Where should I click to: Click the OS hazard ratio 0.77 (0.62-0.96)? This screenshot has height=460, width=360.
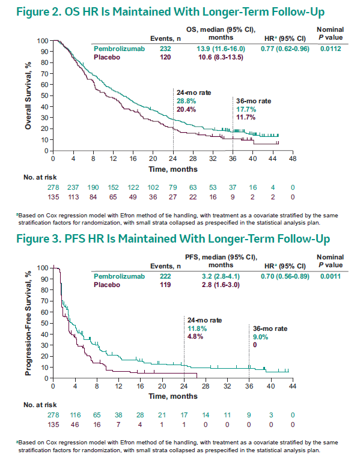[285, 49]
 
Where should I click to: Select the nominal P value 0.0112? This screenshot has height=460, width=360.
[331, 49]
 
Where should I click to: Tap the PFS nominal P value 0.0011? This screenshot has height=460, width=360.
[331, 276]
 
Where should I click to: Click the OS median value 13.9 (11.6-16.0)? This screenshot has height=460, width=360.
[221, 49]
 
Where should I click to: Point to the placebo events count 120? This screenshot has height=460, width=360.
[165, 57]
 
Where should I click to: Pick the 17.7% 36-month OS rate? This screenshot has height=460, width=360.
[246, 109]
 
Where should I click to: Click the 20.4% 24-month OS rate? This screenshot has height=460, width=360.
[186, 109]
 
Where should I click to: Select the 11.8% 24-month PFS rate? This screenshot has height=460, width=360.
[197, 328]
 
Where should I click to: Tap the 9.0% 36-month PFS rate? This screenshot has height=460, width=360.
[260, 337]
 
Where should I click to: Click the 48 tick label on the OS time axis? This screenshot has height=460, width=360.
[293, 159]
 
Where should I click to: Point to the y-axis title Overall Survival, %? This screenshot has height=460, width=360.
[28, 95]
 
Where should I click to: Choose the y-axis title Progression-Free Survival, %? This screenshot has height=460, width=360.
[28, 323]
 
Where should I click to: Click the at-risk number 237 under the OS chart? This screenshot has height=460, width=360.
[73, 187]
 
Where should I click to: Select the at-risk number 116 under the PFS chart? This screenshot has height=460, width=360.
[75, 415]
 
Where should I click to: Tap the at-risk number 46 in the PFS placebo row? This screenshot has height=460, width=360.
[75, 425]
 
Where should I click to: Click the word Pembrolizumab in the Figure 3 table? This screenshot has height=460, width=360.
[119, 276]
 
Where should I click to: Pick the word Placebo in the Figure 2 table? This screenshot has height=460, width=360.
[107, 57]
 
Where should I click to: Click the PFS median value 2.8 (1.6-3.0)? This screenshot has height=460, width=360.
[221, 285]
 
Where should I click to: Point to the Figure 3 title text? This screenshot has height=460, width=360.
[173, 239]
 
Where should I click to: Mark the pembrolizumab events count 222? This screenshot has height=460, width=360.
[165, 276]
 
